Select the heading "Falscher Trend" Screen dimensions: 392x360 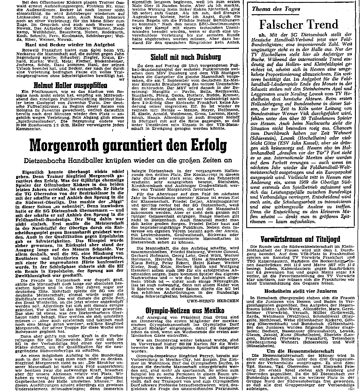(299, 24)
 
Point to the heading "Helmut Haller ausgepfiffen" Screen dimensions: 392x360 (70, 85)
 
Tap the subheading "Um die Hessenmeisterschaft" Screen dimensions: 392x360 (300, 351)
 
